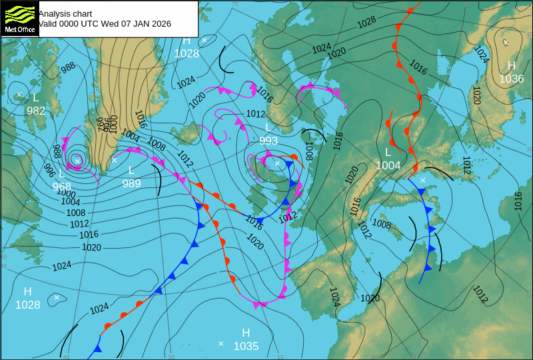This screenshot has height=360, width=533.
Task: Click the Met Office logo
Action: (19, 19)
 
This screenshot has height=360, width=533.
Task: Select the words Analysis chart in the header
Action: (65, 13)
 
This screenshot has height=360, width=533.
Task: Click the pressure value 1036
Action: (511, 79)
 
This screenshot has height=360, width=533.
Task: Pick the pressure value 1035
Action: (246, 346)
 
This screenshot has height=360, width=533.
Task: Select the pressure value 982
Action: (36, 111)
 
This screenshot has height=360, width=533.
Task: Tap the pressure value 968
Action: (61, 187)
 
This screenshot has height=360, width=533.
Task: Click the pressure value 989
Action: (131, 183)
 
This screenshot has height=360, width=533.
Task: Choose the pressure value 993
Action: (268, 141)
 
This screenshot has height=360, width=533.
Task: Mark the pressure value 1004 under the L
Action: (388, 165)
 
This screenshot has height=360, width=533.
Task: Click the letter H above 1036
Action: (512, 65)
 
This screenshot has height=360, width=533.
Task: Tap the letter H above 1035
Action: (246, 333)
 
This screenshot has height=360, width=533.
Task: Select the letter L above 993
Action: (268, 127)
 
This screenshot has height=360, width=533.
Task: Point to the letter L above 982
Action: (36, 97)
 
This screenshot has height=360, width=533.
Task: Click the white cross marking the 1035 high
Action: (221, 343)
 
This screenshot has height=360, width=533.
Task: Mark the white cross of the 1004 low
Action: (422, 180)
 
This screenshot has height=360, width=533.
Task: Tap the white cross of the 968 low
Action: (77, 161)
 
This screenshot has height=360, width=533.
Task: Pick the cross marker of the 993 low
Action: (277, 163)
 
